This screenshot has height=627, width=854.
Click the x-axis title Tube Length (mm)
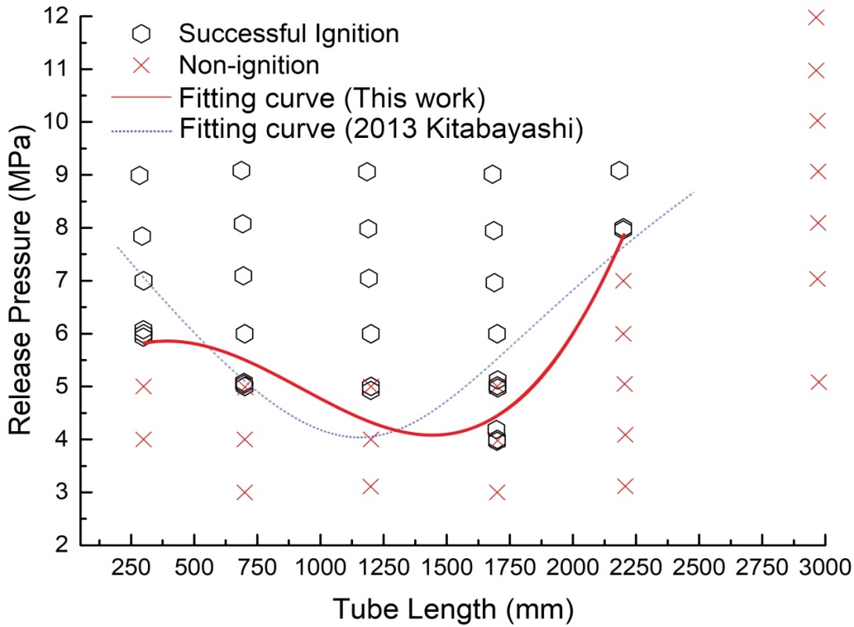click(453, 607)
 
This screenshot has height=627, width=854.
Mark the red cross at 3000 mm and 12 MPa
click(816, 16)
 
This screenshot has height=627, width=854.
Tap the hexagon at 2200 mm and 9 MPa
click(620, 171)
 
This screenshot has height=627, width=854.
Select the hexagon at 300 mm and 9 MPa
click(140, 175)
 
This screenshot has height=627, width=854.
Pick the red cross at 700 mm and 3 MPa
click(244, 492)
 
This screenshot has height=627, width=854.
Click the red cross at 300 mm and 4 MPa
click(143, 439)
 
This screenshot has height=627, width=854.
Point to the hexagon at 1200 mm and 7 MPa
click(369, 278)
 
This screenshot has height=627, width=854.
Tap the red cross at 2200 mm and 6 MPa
click(623, 333)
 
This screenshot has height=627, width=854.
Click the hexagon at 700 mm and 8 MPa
click(243, 224)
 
